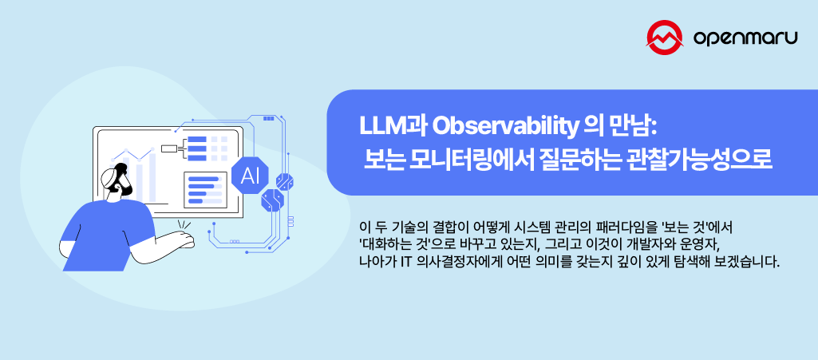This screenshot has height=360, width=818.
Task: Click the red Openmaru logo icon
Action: (667, 38)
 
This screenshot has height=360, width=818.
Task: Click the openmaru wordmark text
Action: (745, 38)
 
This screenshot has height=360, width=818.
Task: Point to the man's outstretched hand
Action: (184, 239)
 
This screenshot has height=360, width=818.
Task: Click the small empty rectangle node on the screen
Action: (168, 148)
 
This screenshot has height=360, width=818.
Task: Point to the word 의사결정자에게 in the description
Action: (458, 262)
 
